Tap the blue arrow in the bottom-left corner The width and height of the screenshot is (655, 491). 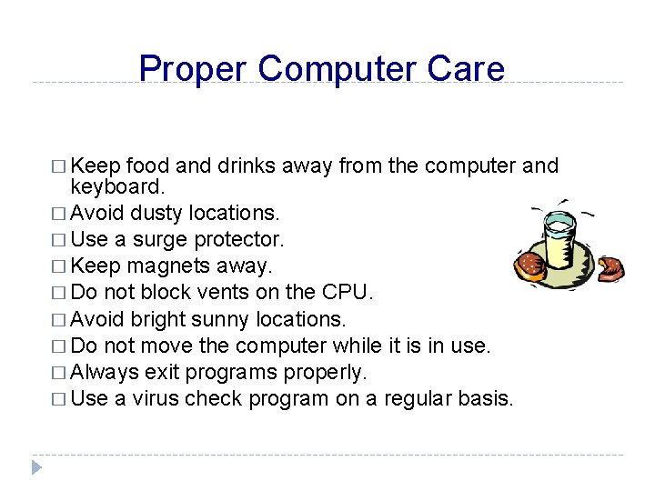[x=36, y=467]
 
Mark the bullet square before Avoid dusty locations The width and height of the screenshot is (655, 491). [x=60, y=214]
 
